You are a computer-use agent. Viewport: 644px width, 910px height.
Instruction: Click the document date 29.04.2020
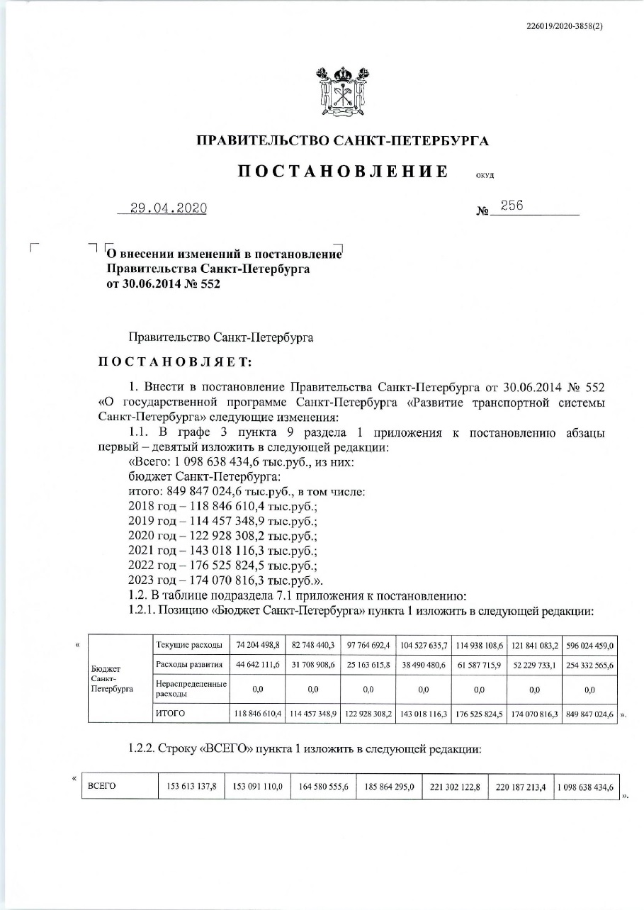[168, 208]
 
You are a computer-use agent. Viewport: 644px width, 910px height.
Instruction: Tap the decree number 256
[512, 206]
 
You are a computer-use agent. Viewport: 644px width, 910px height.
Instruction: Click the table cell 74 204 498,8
[259, 644]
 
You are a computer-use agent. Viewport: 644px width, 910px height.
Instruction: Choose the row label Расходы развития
[188, 665]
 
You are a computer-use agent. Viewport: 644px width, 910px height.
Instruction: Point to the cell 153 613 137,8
[191, 786]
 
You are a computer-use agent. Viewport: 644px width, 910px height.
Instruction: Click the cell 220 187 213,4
[521, 786]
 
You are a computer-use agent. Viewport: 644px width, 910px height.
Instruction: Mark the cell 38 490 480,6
[423, 665]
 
